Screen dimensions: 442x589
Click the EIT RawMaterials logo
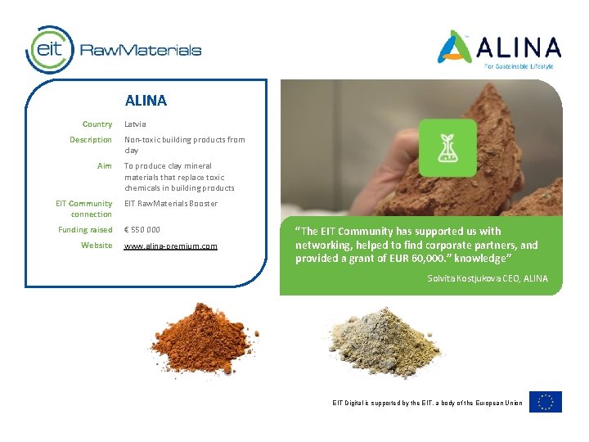pos(114,49)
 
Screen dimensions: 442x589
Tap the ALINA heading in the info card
pos(146,101)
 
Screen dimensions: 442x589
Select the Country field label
pos(97,124)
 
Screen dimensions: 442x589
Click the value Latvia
pos(135,124)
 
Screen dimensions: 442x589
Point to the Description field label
pos(91,140)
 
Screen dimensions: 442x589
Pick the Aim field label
pos(105,166)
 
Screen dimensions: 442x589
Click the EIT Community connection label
pos(84,209)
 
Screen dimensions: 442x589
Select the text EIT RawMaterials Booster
pos(171,204)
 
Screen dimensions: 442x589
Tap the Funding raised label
pos(86,230)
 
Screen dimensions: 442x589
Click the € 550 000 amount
pos(142,230)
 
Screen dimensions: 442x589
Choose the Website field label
pos(97,246)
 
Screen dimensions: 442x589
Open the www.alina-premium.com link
pos(171,246)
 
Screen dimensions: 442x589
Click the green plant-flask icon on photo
pos(447,147)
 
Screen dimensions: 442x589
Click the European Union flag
pos(546,402)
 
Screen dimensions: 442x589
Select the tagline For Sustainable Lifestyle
pos(519,65)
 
